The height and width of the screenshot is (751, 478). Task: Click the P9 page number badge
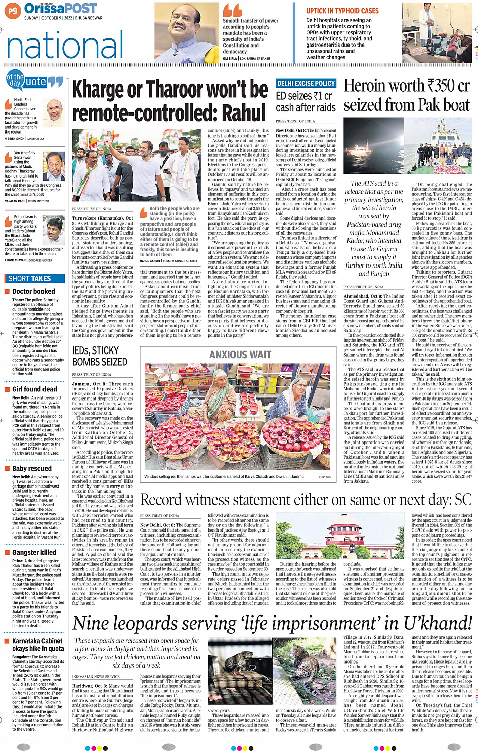(x=13, y=10)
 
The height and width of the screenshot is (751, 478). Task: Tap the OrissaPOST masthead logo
(x=60, y=9)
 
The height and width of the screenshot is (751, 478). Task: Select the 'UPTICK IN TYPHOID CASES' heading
(x=342, y=11)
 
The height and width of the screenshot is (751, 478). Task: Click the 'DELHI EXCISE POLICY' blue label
(x=306, y=83)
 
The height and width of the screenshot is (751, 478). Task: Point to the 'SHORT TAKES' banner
(x=30, y=278)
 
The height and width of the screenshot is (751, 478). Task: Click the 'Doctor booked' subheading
(x=33, y=291)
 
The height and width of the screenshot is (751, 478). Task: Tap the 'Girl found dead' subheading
(x=34, y=389)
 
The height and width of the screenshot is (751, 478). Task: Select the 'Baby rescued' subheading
(x=32, y=469)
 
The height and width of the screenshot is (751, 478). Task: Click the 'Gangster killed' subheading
(x=34, y=553)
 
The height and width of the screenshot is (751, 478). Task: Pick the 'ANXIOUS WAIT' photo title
(x=240, y=355)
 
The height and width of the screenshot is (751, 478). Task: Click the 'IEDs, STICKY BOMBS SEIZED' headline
(x=100, y=356)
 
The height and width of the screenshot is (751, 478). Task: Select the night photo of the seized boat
(x=374, y=146)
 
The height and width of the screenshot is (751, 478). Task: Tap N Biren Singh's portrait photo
(x=54, y=113)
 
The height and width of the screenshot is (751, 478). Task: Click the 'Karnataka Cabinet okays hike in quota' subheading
(x=38, y=644)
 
